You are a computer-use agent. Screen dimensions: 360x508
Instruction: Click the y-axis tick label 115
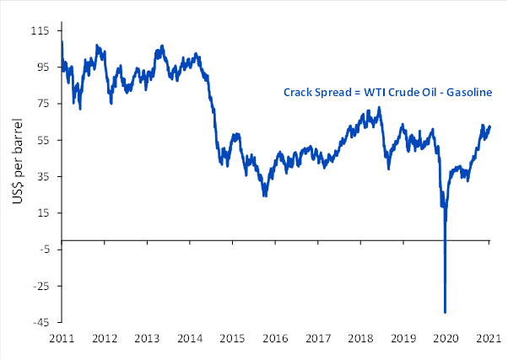pos(39,30)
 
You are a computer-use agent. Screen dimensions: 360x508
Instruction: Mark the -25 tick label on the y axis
pos(39,286)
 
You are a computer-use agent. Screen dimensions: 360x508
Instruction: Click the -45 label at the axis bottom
pos(39,322)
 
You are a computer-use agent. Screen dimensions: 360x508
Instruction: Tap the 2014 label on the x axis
pos(190,338)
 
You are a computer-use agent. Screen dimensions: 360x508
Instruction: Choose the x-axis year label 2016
pos(275,338)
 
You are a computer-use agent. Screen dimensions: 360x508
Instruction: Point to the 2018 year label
pos(361,338)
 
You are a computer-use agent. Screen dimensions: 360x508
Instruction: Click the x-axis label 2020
pos(446,338)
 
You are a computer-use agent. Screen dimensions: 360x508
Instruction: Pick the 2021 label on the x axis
pos(489,338)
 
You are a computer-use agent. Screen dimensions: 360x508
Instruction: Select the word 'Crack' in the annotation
pos(297,92)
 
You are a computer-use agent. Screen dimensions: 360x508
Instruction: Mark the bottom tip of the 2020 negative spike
pos(445,313)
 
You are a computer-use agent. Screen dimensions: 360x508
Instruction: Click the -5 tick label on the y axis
pos(41,249)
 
